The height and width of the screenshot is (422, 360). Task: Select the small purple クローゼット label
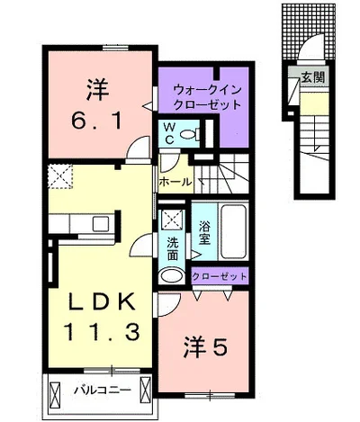tap(220, 276)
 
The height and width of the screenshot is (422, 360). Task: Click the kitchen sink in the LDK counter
tap(100, 223)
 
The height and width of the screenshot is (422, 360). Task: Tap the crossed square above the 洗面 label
tap(171, 218)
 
